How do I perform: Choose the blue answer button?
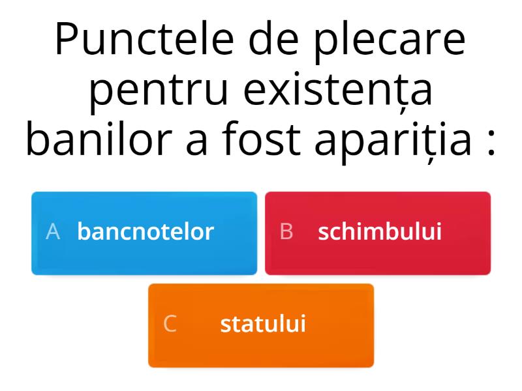click(x=144, y=233)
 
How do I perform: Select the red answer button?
click(x=378, y=233)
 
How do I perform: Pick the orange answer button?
click(x=261, y=325)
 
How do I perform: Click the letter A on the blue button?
click(x=53, y=231)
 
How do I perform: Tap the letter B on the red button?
click(x=286, y=231)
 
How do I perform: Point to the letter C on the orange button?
click(x=170, y=324)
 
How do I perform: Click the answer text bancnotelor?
click(x=146, y=231)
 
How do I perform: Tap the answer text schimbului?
click(x=380, y=231)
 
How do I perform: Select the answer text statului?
click(x=263, y=324)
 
